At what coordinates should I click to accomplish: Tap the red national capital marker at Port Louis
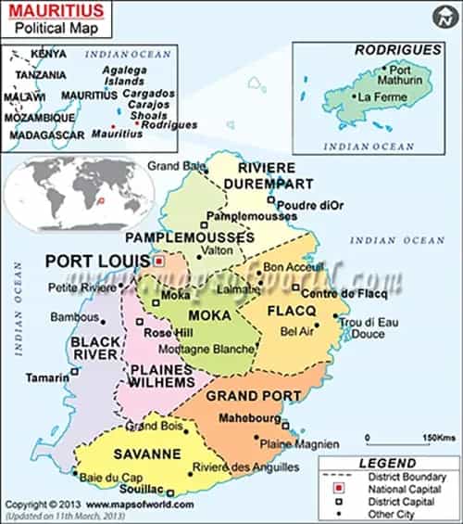pyautogui.click(x=158, y=262)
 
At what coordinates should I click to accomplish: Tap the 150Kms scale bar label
pyautogui.click(x=436, y=438)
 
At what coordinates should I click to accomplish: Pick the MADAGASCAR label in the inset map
pyautogui.click(x=43, y=133)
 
